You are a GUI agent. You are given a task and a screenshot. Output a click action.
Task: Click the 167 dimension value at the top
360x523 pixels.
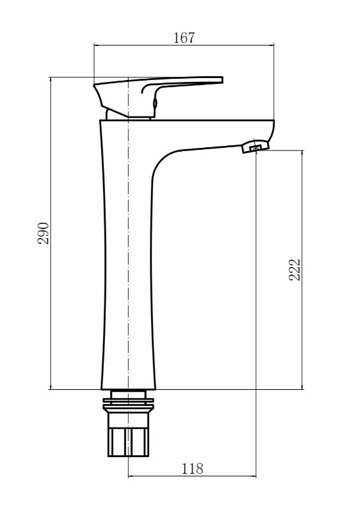[184, 38]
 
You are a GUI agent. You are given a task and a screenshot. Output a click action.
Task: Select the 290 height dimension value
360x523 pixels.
[44, 233]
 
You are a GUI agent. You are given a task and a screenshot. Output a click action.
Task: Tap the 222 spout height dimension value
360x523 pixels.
[295, 270]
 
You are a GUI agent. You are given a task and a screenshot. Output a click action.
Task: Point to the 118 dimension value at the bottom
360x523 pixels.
[192, 469]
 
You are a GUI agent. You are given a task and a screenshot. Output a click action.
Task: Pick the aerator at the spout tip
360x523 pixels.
[256, 146]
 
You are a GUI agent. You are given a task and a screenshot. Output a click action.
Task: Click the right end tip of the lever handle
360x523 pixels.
[223, 80]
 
